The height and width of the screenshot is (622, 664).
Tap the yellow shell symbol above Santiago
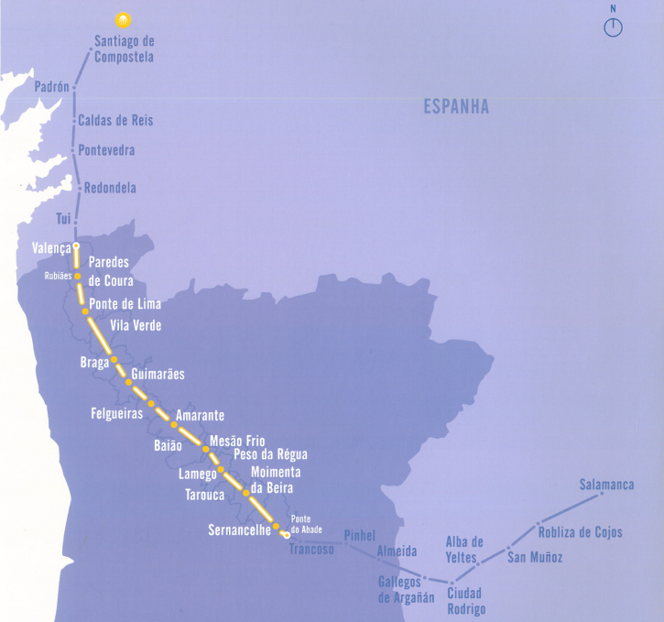(x=122, y=19)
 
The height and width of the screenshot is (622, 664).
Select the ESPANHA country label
(x=456, y=107)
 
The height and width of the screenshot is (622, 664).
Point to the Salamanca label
(x=606, y=485)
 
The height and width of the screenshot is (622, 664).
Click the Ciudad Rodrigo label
(x=466, y=601)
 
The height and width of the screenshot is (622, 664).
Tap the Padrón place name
(x=51, y=87)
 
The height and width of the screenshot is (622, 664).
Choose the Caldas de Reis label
(x=115, y=121)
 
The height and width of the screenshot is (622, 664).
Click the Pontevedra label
(x=107, y=150)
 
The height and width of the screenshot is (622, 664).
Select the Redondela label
(x=110, y=188)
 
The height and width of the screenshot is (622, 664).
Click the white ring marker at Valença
(x=77, y=246)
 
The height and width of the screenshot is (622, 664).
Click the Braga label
(x=94, y=362)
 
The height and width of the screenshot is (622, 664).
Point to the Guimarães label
(x=158, y=375)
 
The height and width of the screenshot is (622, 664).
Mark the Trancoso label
(x=311, y=550)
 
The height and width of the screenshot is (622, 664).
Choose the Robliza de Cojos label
(x=580, y=532)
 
